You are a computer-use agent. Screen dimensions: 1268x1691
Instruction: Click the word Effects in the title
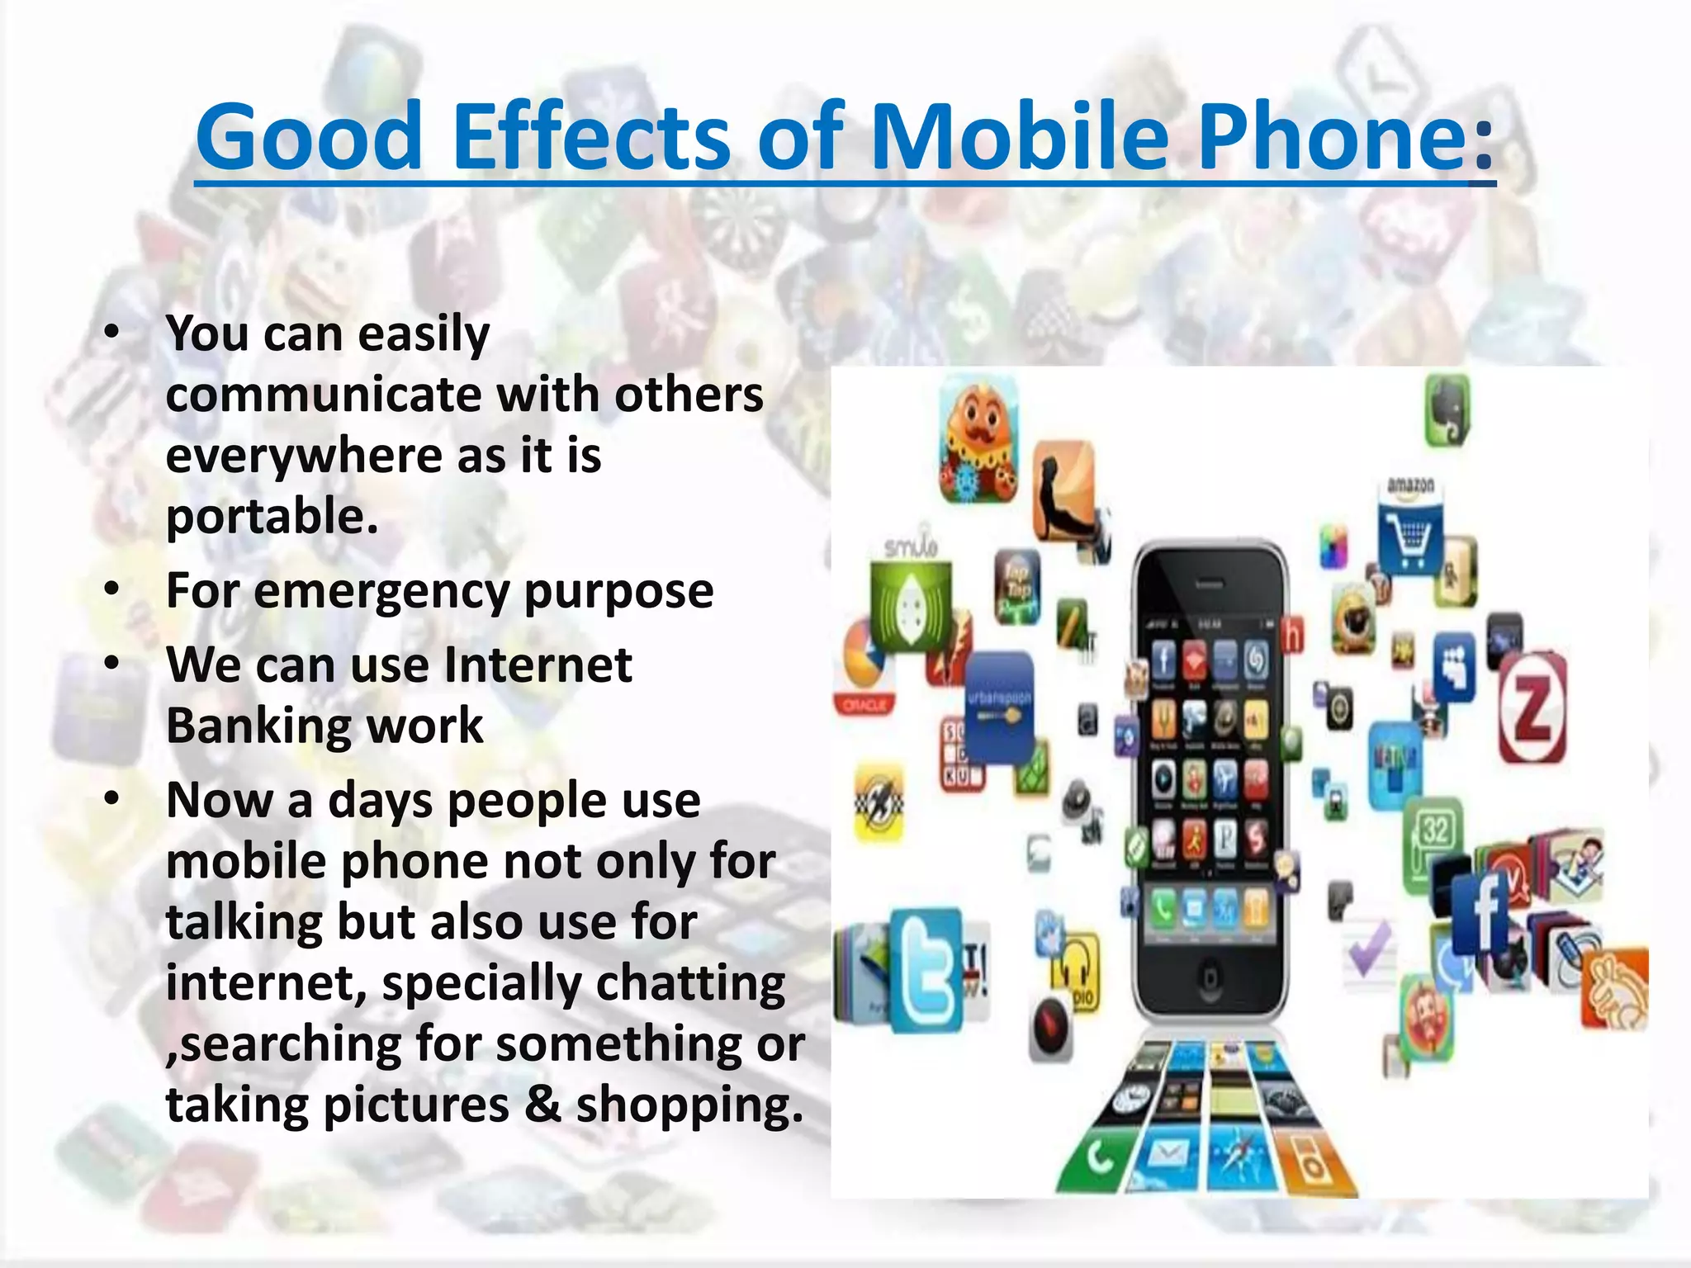(590, 136)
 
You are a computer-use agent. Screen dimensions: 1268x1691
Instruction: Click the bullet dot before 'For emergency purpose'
(112, 589)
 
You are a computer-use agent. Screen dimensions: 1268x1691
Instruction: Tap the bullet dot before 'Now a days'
(112, 798)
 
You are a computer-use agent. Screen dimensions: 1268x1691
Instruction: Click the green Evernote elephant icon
(1447, 409)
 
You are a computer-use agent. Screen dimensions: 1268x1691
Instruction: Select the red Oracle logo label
(864, 704)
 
